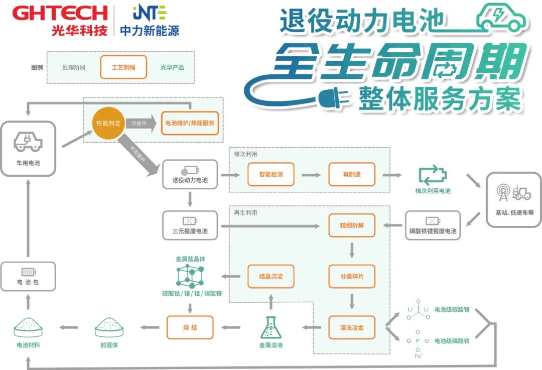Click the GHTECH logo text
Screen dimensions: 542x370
[60, 13]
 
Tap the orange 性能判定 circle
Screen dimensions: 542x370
[108, 123]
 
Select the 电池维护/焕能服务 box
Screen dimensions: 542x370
[190, 123]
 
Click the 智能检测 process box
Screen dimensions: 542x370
[271, 174]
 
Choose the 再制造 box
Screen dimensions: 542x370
[352, 174]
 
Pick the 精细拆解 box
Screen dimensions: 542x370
[352, 225]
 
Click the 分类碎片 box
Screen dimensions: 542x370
[352, 276]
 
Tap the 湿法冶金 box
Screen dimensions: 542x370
[352, 327]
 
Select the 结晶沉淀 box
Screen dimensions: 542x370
[271, 276]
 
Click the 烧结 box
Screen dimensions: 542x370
[190, 327]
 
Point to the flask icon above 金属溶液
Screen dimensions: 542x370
[271, 327]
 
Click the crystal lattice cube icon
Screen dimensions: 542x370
[190, 276]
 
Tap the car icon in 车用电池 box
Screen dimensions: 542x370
[28, 142]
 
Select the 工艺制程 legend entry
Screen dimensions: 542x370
[123, 67]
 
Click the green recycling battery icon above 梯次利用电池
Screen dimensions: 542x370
[433, 175]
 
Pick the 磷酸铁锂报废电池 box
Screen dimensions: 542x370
[433, 225]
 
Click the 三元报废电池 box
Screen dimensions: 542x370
[190, 225]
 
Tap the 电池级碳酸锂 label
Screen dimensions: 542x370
[452, 309]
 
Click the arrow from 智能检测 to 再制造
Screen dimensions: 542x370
[311, 175]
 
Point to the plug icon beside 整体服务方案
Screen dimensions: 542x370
[333, 98]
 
